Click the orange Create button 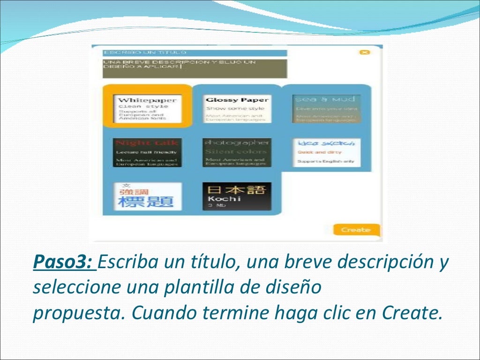[x=356, y=230]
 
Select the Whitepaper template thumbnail [x=147, y=109]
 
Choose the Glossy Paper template [x=237, y=109]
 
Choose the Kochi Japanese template [x=237, y=196]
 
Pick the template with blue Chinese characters [x=147, y=196]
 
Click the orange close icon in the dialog [x=365, y=52]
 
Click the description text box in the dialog [x=195, y=68]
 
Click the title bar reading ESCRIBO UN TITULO [x=195, y=52]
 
